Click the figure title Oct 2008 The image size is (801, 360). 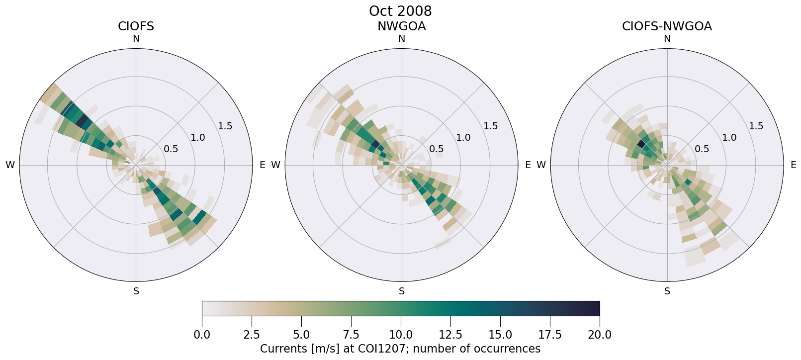(x=400, y=11)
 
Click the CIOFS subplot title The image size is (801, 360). (x=136, y=26)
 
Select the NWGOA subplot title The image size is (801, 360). (x=401, y=26)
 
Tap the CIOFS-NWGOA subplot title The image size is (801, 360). (x=667, y=26)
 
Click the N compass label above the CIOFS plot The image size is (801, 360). (x=136, y=39)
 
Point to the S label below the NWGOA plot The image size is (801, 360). (x=401, y=291)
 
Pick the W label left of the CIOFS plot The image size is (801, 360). (x=10, y=165)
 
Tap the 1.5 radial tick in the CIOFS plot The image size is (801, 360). (x=225, y=126)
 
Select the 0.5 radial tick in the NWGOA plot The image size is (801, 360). (x=437, y=149)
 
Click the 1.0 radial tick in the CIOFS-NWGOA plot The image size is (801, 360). (x=729, y=137)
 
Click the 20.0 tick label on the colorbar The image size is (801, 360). (x=600, y=335)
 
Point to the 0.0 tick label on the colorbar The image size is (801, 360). (x=202, y=335)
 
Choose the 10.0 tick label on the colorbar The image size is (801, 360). (x=401, y=335)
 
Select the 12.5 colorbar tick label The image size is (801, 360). (x=450, y=335)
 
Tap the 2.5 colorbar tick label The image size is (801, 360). (x=252, y=335)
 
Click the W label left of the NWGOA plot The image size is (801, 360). (x=275, y=165)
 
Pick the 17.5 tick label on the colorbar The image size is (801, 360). (x=550, y=335)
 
